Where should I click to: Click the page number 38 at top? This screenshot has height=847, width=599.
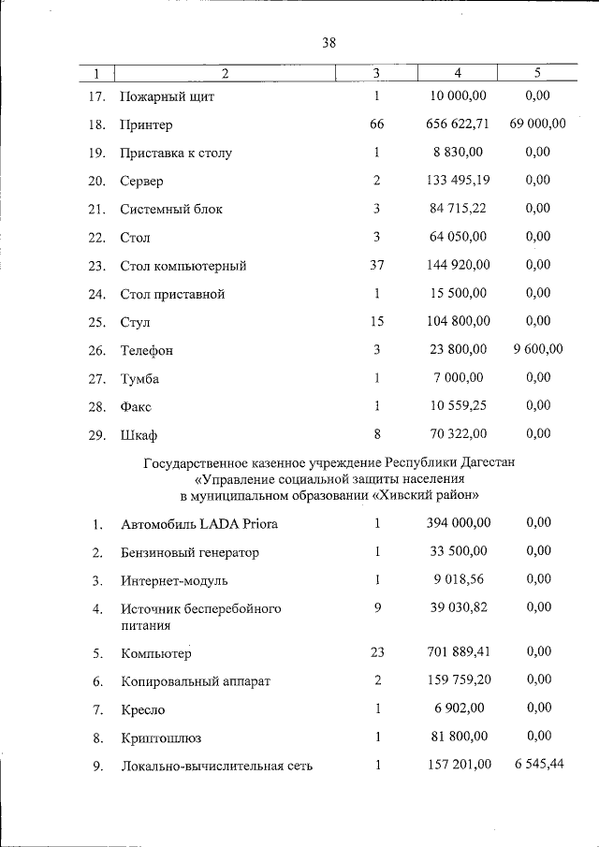[x=329, y=43]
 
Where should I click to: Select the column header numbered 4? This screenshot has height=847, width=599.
[x=458, y=73]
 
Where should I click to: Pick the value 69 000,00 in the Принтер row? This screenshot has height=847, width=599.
[x=537, y=124]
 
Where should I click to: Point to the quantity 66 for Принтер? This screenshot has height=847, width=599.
[x=376, y=124]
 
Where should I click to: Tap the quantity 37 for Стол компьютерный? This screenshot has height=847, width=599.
[x=376, y=265]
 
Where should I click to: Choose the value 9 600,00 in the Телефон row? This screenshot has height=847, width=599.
[x=537, y=349]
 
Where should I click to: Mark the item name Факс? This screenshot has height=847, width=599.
[x=136, y=407]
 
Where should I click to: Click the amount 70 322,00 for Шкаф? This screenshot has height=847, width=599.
[x=459, y=433]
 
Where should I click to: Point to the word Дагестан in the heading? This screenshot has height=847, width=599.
[x=487, y=462]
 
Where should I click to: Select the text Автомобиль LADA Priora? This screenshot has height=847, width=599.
[x=198, y=524]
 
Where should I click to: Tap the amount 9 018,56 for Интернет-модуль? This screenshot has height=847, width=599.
[x=459, y=579]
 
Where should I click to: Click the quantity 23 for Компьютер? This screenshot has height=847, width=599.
[x=376, y=652]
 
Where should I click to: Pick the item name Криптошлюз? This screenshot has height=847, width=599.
[x=160, y=737]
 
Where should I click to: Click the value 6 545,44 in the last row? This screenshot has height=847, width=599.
[x=538, y=765]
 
